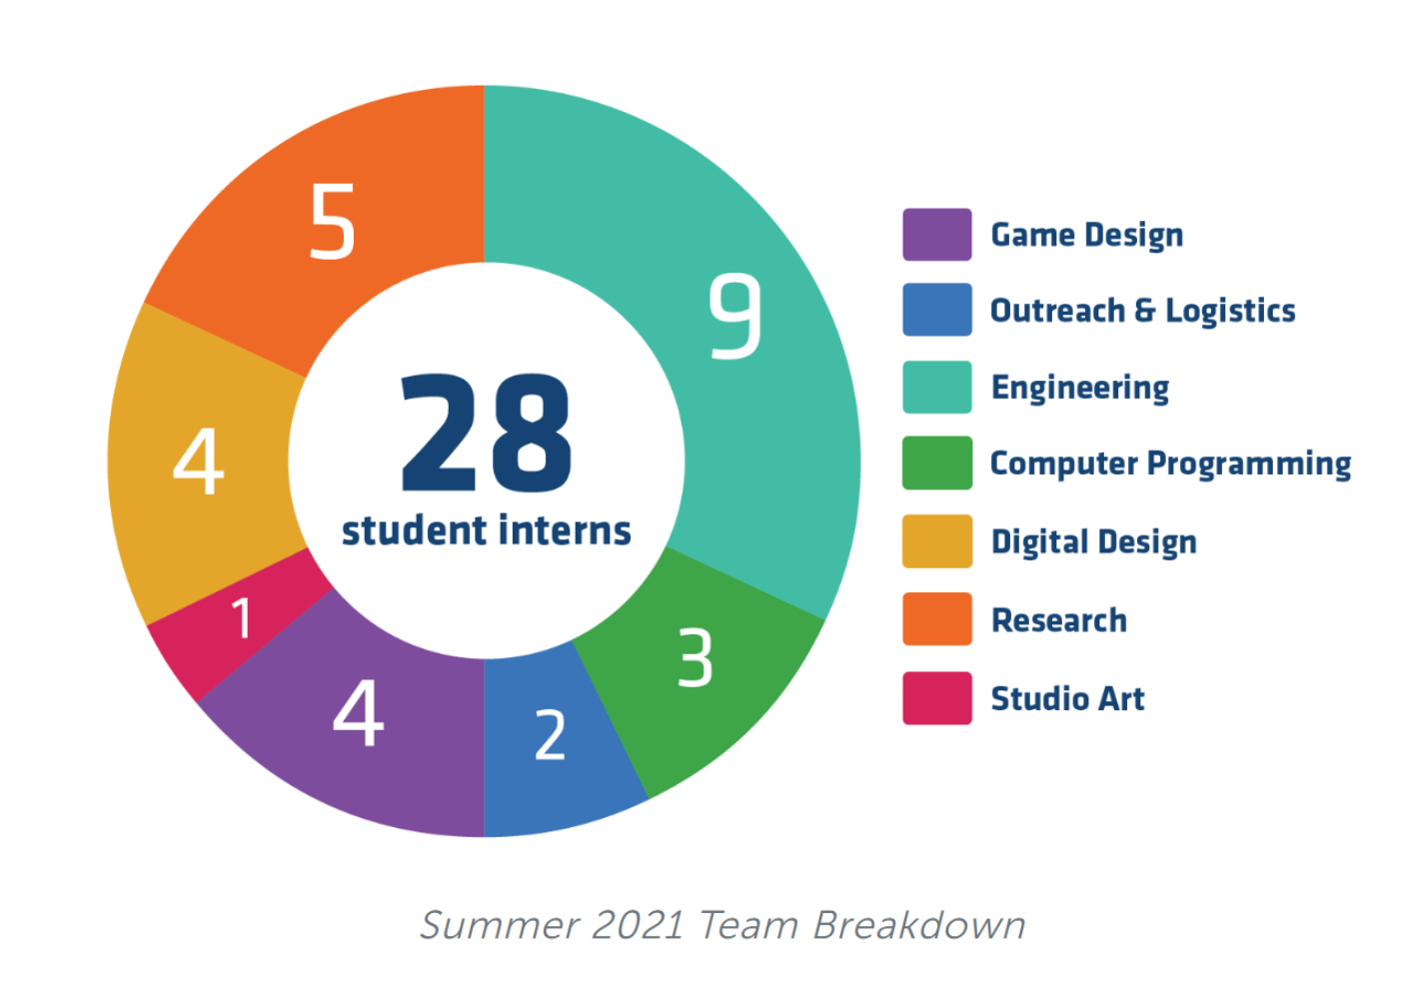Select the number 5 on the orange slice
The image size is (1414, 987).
pyautogui.click(x=332, y=221)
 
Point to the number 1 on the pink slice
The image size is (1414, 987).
pyautogui.click(x=242, y=618)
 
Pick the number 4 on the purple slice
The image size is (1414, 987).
pyautogui.click(x=358, y=712)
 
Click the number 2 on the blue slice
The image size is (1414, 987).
pyautogui.click(x=550, y=735)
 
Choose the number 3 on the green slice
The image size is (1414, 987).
pyautogui.click(x=696, y=657)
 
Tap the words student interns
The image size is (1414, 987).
pyautogui.click(x=486, y=530)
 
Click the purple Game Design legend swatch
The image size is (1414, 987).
pyautogui.click(x=936, y=235)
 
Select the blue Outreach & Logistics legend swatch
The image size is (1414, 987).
pyautogui.click(x=936, y=310)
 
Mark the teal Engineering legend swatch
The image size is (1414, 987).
pyautogui.click(x=936, y=387)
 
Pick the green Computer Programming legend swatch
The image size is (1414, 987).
pyautogui.click(x=936, y=463)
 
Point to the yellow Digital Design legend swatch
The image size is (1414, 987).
pyautogui.click(x=936, y=540)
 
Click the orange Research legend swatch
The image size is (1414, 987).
pyautogui.click(x=936, y=618)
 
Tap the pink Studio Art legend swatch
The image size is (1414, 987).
pyautogui.click(x=936, y=697)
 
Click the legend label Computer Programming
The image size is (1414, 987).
pyautogui.click(x=1170, y=464)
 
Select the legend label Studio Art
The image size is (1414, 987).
pyautogui.click(x=1067, y=698)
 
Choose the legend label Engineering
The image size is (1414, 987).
pyautogui.click(x=1079, y=388)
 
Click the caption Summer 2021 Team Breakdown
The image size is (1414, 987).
pyautogui.click(x=721, y=925)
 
